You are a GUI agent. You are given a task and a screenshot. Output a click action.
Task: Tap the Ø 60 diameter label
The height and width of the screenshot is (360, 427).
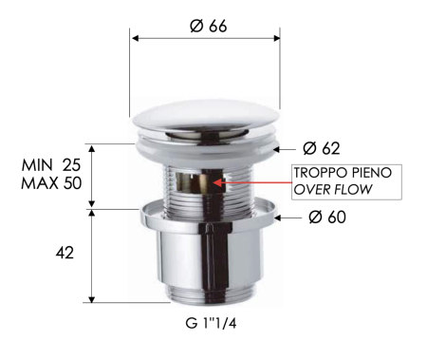pos(326,218)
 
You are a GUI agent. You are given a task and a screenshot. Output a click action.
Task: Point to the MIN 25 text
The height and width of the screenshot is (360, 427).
pos(51,165)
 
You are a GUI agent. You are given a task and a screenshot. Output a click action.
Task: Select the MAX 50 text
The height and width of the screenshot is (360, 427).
pos(51,182)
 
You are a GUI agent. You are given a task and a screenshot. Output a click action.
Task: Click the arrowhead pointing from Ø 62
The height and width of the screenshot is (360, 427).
pos(276,148)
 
